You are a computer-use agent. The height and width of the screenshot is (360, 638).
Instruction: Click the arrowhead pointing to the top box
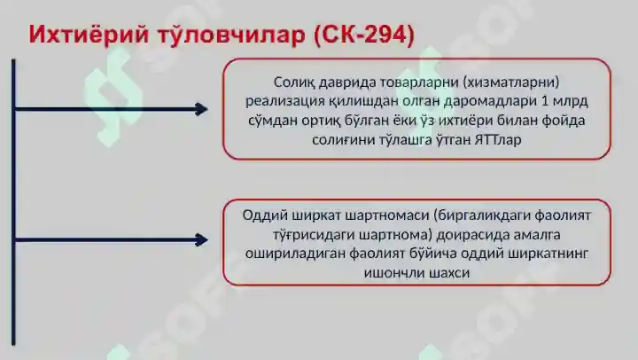(x=202, y=109)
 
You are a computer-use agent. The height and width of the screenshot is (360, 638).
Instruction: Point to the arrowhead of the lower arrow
(x=202, y=239)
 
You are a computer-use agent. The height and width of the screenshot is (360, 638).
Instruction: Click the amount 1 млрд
(x=568, y=101)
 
